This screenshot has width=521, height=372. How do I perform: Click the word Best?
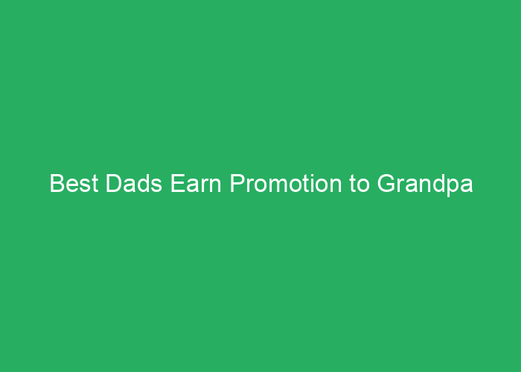[x=74, y=183]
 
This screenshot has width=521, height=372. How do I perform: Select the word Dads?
[x=134, y=183]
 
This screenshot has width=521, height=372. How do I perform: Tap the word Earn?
[x=196, y=183]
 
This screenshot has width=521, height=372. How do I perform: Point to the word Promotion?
[x=285, y=183]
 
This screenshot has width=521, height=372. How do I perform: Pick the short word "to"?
[x=359, y=184]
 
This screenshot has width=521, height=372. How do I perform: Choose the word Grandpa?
[x=425, y=185]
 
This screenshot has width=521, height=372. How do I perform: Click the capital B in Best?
[x=57, y=183]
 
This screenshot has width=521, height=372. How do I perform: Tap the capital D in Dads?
[x=115, y=183]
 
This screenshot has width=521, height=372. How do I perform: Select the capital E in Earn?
[x=178, y=183]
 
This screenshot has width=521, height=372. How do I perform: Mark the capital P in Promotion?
[x=237, y=183]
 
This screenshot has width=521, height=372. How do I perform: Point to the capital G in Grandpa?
[x=386, y=183]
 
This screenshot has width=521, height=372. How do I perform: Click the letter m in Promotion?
[x=279, y=185]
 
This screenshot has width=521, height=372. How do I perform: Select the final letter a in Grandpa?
[x=467, y=186]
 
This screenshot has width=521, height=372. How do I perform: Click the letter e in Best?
[x=73, y=186]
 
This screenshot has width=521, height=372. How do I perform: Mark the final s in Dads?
[x=156, y=186]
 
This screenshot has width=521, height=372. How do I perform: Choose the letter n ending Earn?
[x=215, y=185]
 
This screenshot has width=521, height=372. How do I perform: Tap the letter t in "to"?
[x=353, y=184]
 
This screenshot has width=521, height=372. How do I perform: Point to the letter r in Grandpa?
[x=400, y=185]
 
